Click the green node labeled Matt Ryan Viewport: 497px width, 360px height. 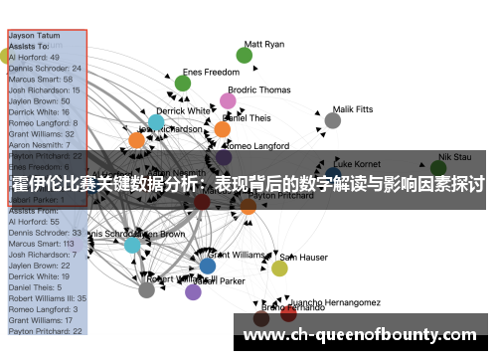[x=245, y=56]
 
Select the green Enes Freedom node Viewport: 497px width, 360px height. [x=183, y=84]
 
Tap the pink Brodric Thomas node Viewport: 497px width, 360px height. [x=229, y=100]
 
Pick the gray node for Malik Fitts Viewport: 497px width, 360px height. [x=333, y=120]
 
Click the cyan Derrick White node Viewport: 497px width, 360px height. [x=156, y=122]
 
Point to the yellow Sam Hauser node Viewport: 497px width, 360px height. [x=280, y=268]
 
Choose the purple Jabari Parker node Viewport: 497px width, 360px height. [x=193, y=291]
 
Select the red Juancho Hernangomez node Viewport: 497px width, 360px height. [x=288, y=313]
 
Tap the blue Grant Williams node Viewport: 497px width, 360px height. [x=207, y=266]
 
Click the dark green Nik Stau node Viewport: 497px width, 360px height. [x=438, y=168]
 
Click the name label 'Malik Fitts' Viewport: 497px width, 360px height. [x=353, y=109]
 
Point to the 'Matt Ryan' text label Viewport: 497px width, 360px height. [x=263, y=45]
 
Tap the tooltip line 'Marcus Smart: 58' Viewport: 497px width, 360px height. [x=40, y=79]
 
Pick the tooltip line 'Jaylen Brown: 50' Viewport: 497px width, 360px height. [x=39, y=100]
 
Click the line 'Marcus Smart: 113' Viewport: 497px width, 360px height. [x=42, y=243]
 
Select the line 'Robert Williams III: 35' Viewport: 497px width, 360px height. [x=47, y=297]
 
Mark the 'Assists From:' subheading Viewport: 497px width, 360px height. [x=34, y=211]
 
